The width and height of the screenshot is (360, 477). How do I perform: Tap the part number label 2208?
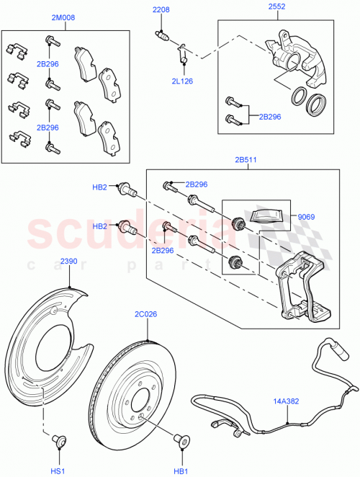pyautogui.click(x=161, y=9)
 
